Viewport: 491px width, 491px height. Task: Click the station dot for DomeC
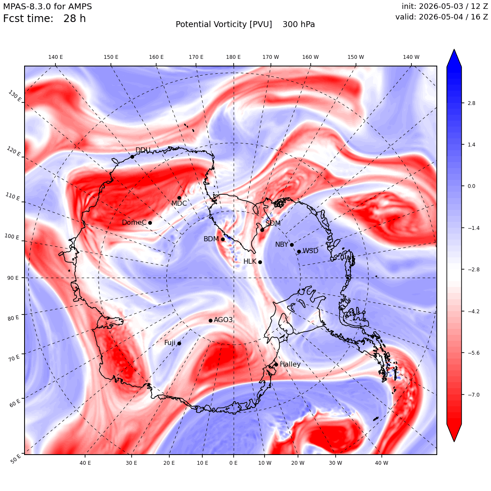pyautogui.click(x=150, y=223)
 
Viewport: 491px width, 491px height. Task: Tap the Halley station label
pyautogui.click(x=290, y=364)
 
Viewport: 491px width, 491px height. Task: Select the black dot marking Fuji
pyautogui.click(x=179, y=344)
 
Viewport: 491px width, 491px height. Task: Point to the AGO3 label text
pyautogui.click(x=223, y=320)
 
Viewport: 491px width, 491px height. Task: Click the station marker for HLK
pyautogui.click(x=260, y=262)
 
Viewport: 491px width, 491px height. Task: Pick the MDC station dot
pyautogui.click(x=179, y=198)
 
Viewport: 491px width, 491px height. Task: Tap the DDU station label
pyautogui.click(x=143, y=150)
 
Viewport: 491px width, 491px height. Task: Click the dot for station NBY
pyautogui.click(x=292, y=245)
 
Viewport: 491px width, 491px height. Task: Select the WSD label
pyautogui.click(x=310, y=251)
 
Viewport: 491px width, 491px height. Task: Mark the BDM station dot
pyautogui.click(x=223, y=240)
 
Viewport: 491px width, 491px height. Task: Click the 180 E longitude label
pyautogui.click(x=233, y=57)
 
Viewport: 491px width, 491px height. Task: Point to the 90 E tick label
pyautogui.click(x=13, y=278)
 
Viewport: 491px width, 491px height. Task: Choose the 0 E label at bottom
pyautogui.click(x=233, y=463)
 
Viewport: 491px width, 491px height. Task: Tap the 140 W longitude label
pyautogui.click(x=411, y=57)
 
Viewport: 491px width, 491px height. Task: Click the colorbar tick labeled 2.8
pyautogui.click(x=472, y=103)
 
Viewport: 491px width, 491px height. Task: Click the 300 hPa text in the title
pyautogui.click(x=299, y=25)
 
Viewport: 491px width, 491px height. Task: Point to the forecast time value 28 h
pyautogui.click(x=74, y=19)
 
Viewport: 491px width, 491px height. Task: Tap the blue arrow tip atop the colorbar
pyautogui.click(x=454, y=50)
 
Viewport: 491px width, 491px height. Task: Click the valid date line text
pyautogui.click(x=441, y=17)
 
